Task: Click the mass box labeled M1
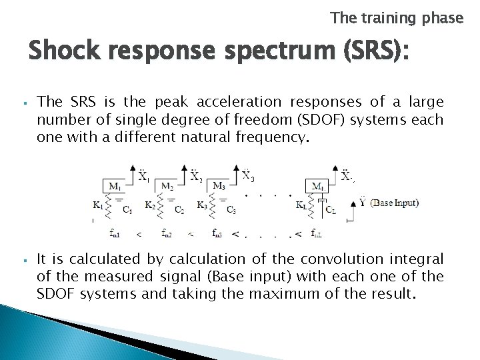[x=115, y=186]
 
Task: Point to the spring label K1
[x=100, y=205]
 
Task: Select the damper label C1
[x=127, y=210]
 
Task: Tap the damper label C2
[x=179, y=210]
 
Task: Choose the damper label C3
[x=231, y=210]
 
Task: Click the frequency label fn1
[x=115, y=233]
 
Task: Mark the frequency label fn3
[x=217, y=233]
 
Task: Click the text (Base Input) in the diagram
[x=395, y=203]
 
